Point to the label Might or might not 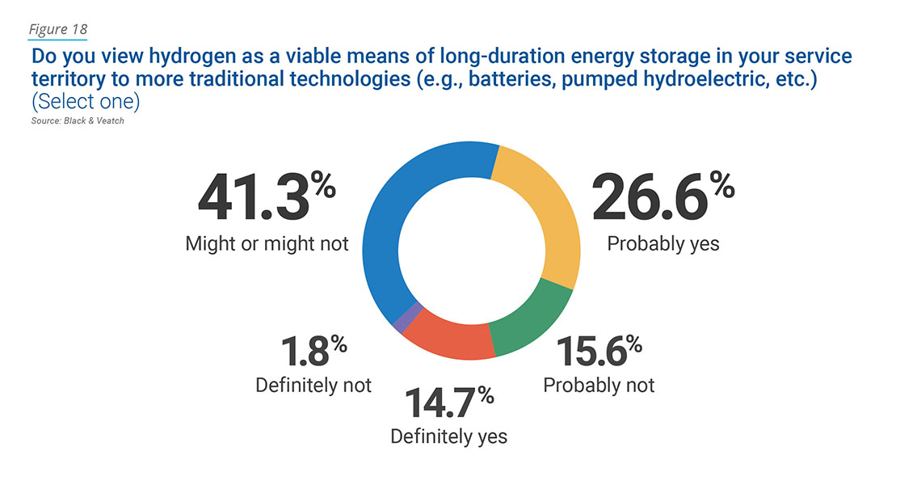click(x=267, y=243)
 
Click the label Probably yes click(x=662, y=243)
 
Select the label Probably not click(x=599, y=385)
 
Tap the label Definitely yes click(x=449, y=436)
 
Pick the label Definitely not click(x=313, y=385)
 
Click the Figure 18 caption click(x=58, y=30)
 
